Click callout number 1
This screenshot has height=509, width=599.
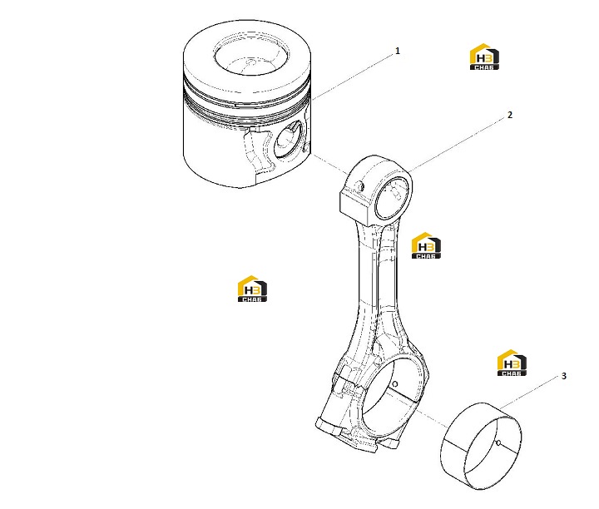coord(398,51)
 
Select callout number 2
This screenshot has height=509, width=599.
coord(510,115)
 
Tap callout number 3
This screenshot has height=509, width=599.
coord(564,376)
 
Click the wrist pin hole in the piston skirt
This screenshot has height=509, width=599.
coord(289,140)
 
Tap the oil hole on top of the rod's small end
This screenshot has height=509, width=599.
coord(360,186)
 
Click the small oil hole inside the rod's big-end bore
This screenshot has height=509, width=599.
coord(395,383)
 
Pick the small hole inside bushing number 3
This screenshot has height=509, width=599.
coord(498,443)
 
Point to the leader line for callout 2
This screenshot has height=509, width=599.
coord(457,146)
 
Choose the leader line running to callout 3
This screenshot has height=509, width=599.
coord(529,393)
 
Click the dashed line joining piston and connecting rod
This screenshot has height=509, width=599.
coord(331,165)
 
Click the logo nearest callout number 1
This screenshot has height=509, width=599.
coord(484,57)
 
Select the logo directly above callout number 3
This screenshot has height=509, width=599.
coord(512,363)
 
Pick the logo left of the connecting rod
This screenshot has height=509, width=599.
coord(252,289)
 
